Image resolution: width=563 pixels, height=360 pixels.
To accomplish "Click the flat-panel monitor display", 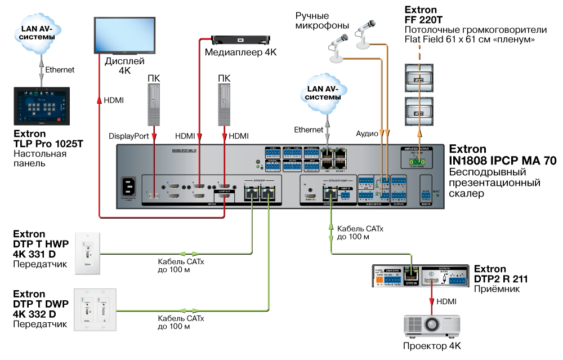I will pyautogui.click(x=124, y=35).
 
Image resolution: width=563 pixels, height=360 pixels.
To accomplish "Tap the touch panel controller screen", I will pyautogui.click(x=42, y=105).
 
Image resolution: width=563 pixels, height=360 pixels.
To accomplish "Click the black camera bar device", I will pyautogui.click(x=241, y=40).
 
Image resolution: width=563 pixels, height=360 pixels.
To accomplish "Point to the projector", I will pyautogui.click(x=431, y=325).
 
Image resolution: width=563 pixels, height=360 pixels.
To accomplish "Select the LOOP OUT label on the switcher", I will pyautogui.click(x=224, y=192).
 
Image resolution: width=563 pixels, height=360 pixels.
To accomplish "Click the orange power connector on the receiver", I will pyautogui.click(x=379, y=279).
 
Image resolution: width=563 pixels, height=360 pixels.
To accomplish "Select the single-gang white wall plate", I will pyautogui.click(x=87, y=253).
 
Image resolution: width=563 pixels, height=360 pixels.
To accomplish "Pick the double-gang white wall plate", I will pyautogui.click(x=95, y=310).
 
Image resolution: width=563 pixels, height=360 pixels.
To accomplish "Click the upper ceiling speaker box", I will pyautogui.click(x=419, y=78).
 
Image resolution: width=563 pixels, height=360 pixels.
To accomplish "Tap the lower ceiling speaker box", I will pyautogui.click(x=419, y=112).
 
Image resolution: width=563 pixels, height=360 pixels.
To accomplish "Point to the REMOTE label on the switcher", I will pyautogui.click(x=426, y=203).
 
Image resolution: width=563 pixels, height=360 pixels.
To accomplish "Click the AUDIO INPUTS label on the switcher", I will pyautogui.click(x=373, y=204).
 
